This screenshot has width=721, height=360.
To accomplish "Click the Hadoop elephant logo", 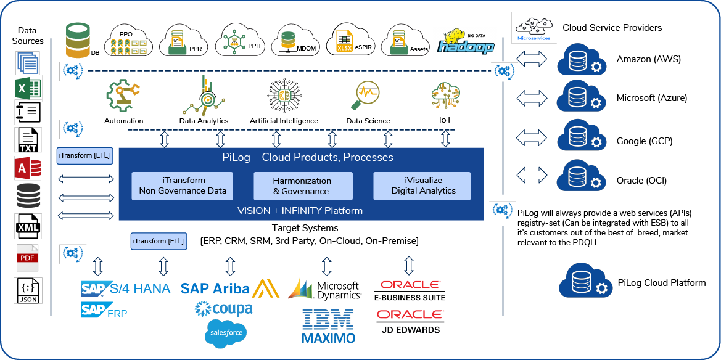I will pos(464,42).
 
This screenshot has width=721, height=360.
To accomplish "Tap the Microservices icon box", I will pos(534,28).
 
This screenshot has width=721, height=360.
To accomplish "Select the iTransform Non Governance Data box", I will pos(183,186).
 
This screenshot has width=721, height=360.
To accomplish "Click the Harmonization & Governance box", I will pos(303,186).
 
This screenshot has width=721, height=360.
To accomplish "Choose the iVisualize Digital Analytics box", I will pos(422,186).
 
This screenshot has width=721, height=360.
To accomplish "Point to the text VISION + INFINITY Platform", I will pos(300,211).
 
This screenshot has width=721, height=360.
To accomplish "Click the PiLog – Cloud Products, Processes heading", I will pos(307,157).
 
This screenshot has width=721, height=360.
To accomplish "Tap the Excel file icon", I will pos(28,89).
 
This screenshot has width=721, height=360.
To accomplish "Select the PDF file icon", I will pos(28,258).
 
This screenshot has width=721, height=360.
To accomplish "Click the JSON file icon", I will pos(28,290).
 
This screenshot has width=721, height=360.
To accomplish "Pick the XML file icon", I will pos(28,226).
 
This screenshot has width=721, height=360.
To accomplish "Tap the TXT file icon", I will pos(28,139).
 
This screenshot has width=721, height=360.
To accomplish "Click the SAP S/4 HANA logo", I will pos(126,288).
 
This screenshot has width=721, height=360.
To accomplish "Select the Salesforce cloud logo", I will pos(226,333).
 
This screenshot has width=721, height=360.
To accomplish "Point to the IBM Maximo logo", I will pos(328,326).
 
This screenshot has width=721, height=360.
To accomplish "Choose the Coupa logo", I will pos(223,308).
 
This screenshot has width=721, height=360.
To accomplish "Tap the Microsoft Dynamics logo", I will pos(325,288).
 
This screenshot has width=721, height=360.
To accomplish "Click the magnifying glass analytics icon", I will pos(365,96).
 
